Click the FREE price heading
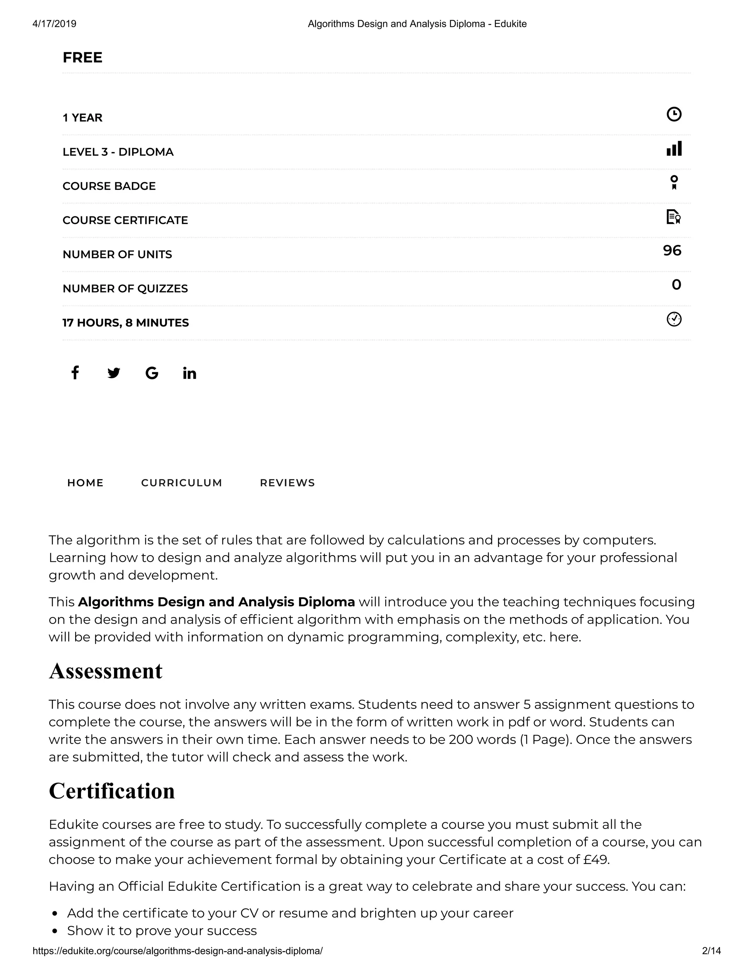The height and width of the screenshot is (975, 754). [82, 58]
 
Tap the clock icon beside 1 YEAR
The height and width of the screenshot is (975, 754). [674, 114]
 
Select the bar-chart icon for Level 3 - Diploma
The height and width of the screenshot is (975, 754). [674, 149]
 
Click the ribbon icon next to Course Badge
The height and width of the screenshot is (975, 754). [674, 182]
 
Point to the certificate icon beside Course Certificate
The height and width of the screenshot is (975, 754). [673, 217]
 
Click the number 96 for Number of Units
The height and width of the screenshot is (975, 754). [672, 251]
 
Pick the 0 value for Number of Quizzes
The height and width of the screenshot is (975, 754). [676, 285]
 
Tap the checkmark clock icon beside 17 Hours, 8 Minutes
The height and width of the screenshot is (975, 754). [674, 319]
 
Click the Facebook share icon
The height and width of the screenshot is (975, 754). [75, 373]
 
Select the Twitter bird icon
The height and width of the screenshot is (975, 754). [113, 373]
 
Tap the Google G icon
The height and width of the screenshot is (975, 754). [152, 373]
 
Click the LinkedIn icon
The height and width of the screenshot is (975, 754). [189, 373]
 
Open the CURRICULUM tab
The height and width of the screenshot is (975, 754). [182, 483]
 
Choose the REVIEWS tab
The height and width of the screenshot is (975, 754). [287, 483]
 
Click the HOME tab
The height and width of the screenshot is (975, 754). [85, 483]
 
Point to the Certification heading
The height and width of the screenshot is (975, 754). [112, 791]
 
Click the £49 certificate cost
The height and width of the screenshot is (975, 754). [596, 859]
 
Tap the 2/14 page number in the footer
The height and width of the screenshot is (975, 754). [711, 951]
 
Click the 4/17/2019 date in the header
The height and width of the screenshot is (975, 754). [54, 24]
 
